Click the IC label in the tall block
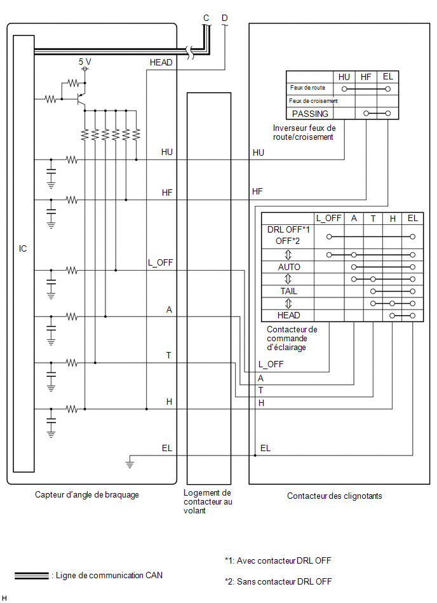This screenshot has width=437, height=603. tap(23, 249)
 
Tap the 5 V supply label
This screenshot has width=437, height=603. tap(85, 62)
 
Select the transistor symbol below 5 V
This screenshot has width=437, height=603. tap(81, 99)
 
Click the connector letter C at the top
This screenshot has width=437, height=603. tap(206, 18)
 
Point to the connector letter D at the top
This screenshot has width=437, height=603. tap(225, 18)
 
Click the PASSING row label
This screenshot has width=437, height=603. tap(310, 114)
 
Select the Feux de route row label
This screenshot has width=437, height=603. tap(307, 88)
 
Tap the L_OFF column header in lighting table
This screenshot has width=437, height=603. tap(328, 219)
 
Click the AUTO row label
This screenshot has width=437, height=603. tap(289, 267)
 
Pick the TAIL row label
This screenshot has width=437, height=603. tap(288, 291)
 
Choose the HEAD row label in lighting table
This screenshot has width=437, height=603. tap(288, 315)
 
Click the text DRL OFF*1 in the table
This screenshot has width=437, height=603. tap(288, 229)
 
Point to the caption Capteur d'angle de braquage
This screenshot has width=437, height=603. tap(87, 495)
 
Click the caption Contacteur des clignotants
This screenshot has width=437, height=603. tap(334, 496)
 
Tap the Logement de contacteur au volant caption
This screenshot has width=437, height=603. tap(208, 501)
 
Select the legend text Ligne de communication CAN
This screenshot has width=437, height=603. tap(109, 575)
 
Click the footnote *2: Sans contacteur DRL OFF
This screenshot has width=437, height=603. tap(278, 581)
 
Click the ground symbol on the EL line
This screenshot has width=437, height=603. tap(130, 462)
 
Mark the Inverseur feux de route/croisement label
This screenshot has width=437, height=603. tap(304, 132)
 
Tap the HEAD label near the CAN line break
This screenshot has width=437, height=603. tap(161, 62)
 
